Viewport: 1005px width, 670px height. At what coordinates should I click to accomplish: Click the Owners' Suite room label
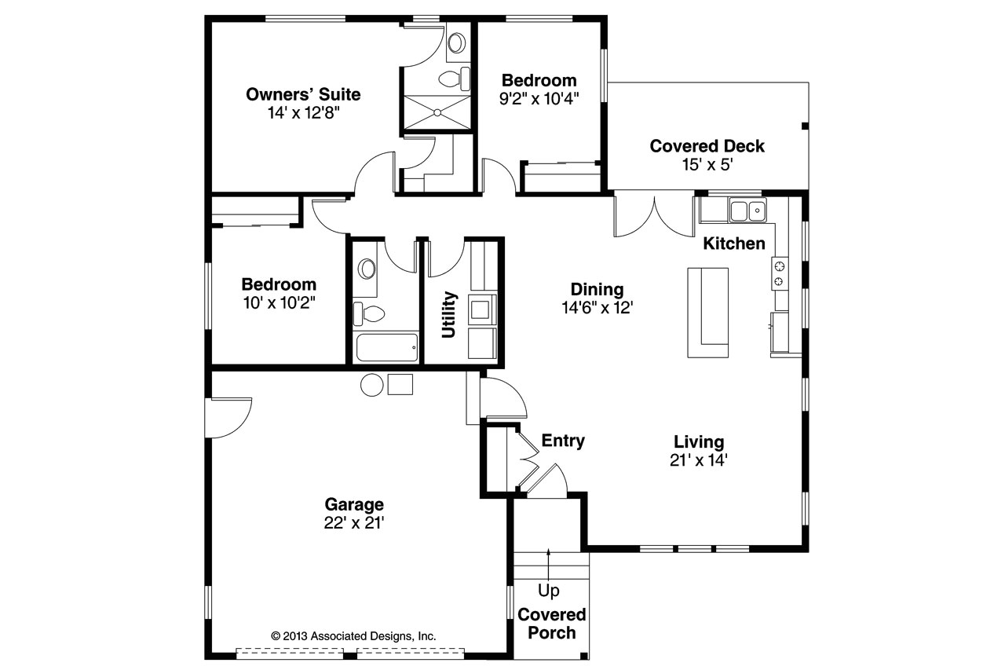[303, 95]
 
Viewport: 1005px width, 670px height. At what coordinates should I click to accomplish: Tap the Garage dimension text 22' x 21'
[353, 523]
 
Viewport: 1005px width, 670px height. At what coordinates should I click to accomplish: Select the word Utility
[448, 314]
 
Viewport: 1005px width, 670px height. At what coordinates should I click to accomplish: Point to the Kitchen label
[733, 243]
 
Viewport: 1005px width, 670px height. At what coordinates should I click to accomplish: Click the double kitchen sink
[747, 211]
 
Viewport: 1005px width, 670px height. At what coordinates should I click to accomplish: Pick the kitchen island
[707, 312]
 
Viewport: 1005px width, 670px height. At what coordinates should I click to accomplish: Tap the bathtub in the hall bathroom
[386, 346]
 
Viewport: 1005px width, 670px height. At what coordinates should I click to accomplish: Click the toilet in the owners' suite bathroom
[453, 79]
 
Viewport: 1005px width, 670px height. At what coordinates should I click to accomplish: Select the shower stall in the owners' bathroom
[435, 113]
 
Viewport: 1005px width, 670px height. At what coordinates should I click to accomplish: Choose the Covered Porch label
[551, 624]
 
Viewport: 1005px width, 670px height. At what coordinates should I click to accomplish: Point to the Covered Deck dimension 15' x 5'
[707, 165]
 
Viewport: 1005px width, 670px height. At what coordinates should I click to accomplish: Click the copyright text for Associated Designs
[353, 636]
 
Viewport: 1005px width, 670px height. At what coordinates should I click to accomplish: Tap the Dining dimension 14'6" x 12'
[597, 308]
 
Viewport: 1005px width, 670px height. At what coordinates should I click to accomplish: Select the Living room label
[699, 441]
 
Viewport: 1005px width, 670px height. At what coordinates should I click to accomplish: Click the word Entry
[563, 441]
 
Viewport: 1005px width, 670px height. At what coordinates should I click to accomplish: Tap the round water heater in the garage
[371, 384]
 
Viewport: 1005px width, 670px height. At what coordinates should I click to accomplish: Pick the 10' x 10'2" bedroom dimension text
[279, 303]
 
